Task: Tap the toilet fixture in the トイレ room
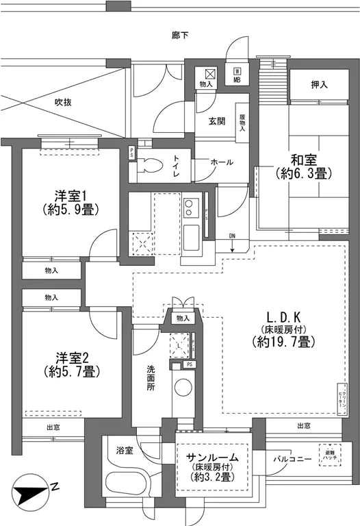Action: pyautogui.click(x=152, y=166)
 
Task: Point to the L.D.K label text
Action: pyautogui.click(x=286, y=318)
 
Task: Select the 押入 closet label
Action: pyautogui.click(x=320, y=85)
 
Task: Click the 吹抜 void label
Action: pyautogui.click(x=64, y=103)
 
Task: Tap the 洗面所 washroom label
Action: pyautogui.click(x=151, y=378)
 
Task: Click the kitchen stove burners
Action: pyautogui.click(x=190, y=207)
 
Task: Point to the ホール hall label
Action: pyautogui.click(x=221, y=162)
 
